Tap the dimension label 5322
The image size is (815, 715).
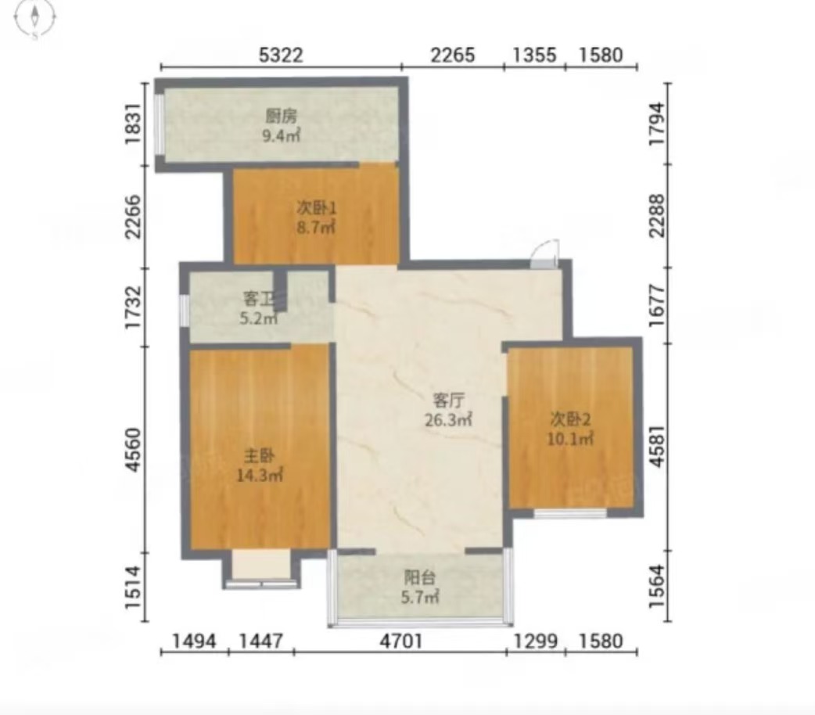click(x=281, y=55)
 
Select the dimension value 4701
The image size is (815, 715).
click(x=400, y=641)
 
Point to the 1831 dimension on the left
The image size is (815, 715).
click(x=134, y=124)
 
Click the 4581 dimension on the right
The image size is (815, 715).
click(x=657, y=446)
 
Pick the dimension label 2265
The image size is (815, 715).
click(x=453, y=55)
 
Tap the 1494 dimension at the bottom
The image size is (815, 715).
click(x=194, y=641)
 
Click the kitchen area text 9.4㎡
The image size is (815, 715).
click(x=282, y=136)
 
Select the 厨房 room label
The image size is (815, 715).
click(x=282, y=117)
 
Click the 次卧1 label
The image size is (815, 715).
click(x=317, y=208)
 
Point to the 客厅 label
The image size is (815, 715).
click(x=448, y=400)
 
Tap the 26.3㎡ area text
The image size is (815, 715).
click(x=448, y=419)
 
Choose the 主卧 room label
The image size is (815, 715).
click(x=260, y=456)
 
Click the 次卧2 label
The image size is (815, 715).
click(x=570, y=419)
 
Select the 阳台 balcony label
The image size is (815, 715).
click(x=420, y=577)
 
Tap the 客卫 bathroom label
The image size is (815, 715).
click(x=259, y=299)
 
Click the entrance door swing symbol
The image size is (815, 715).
click(x=545, y=253)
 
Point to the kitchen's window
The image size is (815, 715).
click(x=160, y=124)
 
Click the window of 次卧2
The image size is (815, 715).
click(x=571, y=512)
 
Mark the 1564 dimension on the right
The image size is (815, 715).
click(x=657, y=586)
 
